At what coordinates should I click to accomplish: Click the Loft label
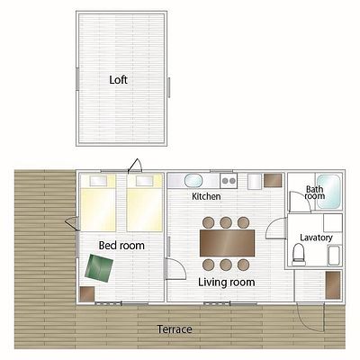118,80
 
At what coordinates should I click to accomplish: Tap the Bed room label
121,246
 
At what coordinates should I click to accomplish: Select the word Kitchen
206,196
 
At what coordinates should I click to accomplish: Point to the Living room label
227,282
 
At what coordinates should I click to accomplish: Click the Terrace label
175,329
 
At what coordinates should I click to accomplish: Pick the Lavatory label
316,238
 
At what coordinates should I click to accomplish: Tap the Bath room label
315,193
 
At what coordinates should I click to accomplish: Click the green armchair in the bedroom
99,268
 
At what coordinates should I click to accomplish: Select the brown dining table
227,243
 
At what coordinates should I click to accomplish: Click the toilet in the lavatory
299,255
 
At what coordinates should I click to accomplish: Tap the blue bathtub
328,192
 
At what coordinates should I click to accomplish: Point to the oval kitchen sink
193,181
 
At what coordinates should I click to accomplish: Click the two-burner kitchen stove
229,181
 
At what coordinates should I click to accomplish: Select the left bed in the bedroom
98,202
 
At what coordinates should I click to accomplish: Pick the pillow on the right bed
145,181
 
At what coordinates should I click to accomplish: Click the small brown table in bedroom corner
87,293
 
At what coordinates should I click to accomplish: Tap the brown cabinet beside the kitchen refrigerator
273,180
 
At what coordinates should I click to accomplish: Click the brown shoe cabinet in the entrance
333,285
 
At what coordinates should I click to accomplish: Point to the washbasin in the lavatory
334,255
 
